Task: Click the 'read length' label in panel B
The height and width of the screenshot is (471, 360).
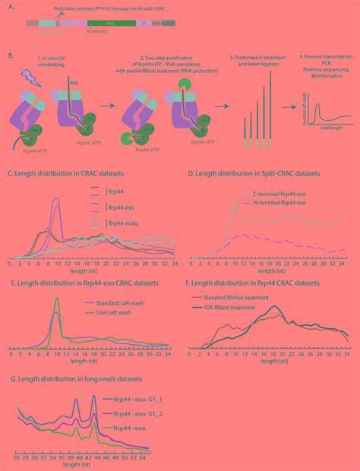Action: point(330,130)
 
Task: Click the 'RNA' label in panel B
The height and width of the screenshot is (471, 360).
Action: point(74,79)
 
